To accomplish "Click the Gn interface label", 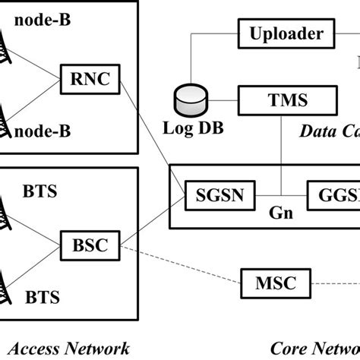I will [279, 213].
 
